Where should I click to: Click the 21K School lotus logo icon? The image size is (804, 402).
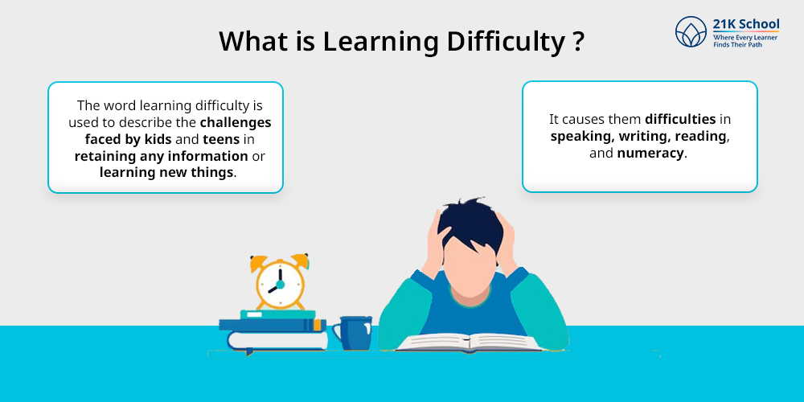pos(691,32)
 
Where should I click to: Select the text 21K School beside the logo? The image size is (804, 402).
pos(745,23)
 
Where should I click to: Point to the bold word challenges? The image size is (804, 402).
pos(236,123)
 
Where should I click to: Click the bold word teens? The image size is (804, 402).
pos(221,139)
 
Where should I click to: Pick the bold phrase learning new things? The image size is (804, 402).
pos(166,172)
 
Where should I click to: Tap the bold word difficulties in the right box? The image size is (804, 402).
pos(680,120)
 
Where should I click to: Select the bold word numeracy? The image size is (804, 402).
pos(650,154)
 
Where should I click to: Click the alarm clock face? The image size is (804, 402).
pos(280,284)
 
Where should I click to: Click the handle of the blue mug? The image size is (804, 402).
pos(336,333)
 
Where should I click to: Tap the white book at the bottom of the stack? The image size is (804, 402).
pos(277,341)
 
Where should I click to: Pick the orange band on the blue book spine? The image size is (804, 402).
pos(318,325)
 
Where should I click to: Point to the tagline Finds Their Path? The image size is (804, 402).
pos(734,45)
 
